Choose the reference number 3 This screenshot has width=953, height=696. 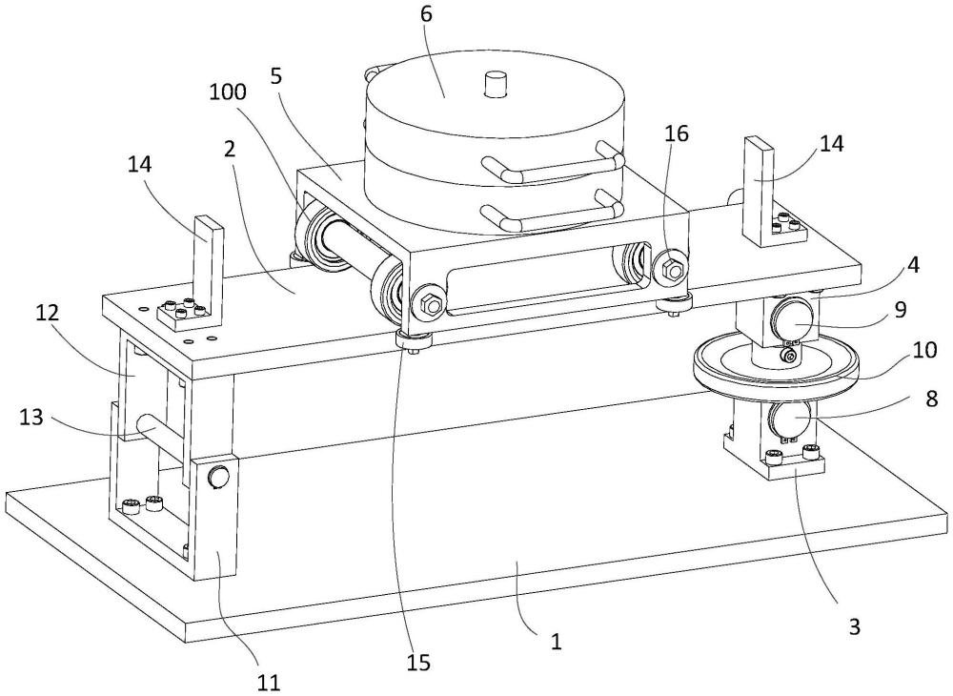(854, 626)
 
